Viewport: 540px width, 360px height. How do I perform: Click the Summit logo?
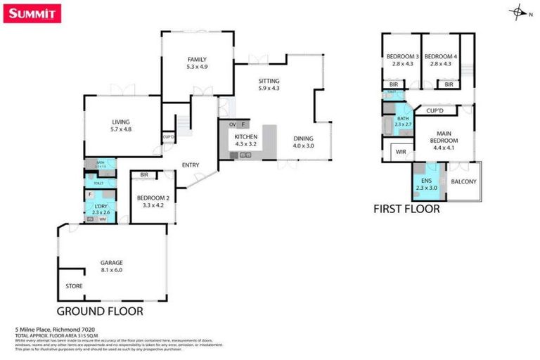click(32, 13)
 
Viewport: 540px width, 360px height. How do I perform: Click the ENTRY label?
click(190, 165)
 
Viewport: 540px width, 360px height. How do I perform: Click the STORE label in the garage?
click(74, 286)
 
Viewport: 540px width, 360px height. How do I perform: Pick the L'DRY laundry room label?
click(98, 207)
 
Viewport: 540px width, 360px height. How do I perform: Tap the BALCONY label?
click(464, 181)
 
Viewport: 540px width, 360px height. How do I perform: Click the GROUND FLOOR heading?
click(100, 310)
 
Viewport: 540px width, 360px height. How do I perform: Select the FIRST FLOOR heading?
click(406, 209)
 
